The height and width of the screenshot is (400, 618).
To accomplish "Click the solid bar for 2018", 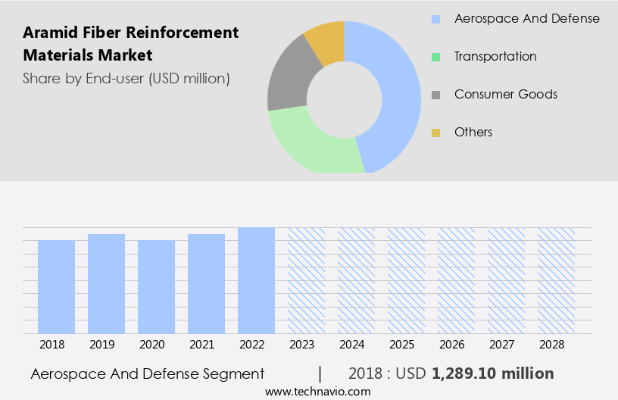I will [56, 286].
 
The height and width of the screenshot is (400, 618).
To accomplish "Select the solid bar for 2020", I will [156, 286].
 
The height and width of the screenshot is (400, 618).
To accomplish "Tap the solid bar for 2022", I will [256, 280].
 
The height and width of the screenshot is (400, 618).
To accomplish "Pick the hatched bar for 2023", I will [306, 280].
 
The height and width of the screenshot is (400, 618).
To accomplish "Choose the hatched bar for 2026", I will [456, 280].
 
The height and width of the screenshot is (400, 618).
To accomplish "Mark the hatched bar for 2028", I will [556, 280].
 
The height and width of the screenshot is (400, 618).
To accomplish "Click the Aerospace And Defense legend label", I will [526, 18].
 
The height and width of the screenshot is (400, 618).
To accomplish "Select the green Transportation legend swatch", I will [435, 57].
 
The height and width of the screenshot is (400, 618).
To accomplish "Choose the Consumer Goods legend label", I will [505, 94].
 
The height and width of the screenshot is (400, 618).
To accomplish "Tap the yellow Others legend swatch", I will [435, 133].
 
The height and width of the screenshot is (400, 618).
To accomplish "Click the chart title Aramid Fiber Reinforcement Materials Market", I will [131, 44].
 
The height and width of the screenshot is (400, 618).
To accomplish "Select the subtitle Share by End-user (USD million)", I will [126, 78].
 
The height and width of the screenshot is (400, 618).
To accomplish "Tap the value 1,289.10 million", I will [492, 373].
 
